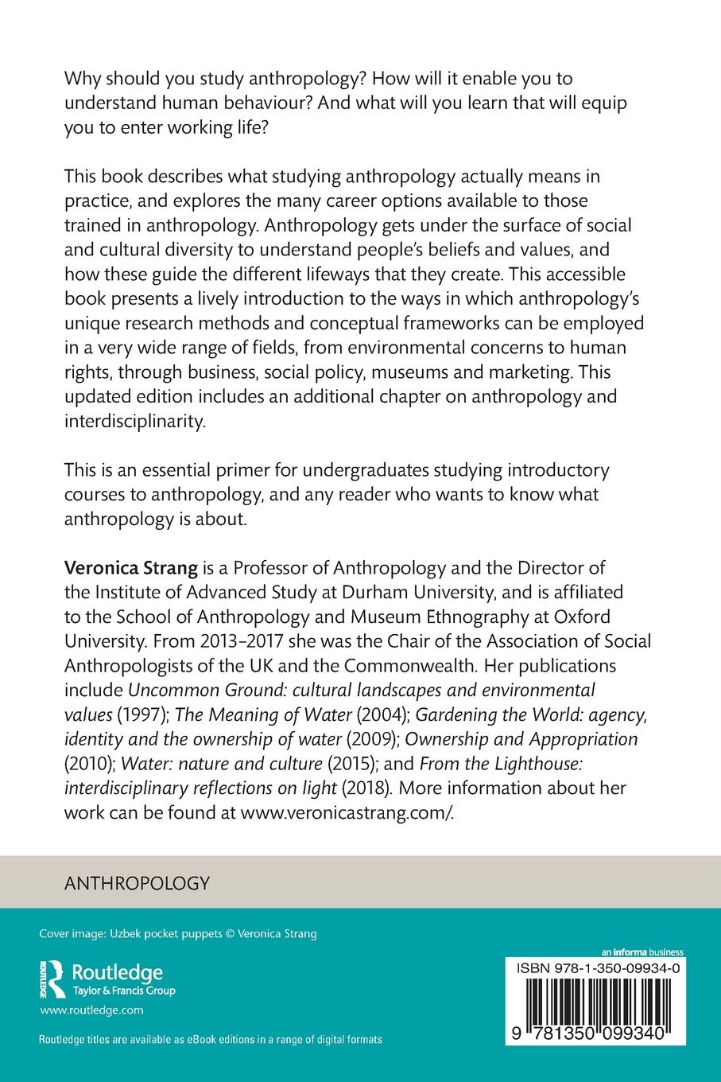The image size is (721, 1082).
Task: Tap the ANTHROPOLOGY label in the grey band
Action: coord(136,882)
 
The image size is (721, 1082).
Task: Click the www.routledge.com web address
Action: coord(91,1010)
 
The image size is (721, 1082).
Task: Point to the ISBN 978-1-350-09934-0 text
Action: coord(598,968)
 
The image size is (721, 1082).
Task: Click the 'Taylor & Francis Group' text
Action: coord(123,991)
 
